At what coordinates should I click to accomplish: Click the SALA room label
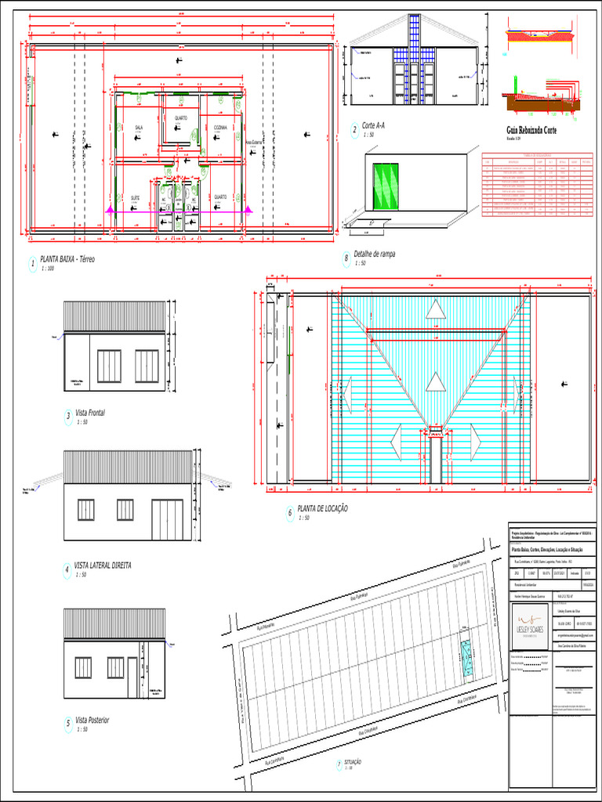coord(139,127)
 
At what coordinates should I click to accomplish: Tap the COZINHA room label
coord(220,127)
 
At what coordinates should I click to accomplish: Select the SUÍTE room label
coord(135,197)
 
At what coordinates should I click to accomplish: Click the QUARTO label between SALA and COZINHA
coord(180,118)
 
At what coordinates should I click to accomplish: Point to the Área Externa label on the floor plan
coord(253,143)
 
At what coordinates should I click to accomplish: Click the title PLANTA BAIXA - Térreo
coord(67,259)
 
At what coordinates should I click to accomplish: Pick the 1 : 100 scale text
coord(48,269)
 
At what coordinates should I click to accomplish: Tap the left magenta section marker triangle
coord(110,210)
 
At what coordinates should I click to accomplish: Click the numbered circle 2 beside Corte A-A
coord(354,129)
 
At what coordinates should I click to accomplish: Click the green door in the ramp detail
coord(385,186)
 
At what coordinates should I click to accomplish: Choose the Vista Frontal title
coord(90,413)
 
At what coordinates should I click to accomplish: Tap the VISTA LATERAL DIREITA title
coord(103,565)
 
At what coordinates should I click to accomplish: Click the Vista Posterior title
coord(92,720)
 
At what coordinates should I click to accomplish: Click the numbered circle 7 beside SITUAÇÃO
coord(339,764)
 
